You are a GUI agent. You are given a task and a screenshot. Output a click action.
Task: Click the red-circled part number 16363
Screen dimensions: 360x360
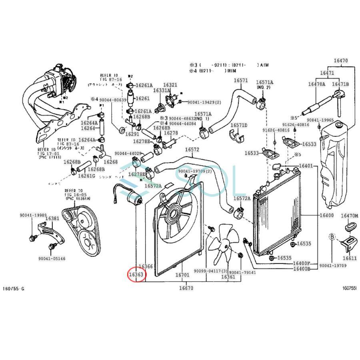136,274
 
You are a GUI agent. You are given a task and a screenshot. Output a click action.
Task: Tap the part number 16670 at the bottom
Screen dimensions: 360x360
186,288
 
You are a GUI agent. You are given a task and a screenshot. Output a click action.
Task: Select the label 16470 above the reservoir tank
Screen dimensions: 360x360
340,61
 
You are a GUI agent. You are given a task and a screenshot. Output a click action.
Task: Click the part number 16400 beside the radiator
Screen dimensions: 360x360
326,216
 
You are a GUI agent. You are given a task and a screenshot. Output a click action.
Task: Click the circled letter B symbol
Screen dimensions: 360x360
332,236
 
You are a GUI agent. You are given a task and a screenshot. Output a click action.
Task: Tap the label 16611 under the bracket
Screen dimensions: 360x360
349,258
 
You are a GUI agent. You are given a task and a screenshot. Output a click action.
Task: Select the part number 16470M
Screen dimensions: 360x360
350,216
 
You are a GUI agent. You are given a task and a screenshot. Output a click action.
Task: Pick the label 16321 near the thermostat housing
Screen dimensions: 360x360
170,85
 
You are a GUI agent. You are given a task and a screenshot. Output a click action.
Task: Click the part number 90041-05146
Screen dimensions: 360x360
52,259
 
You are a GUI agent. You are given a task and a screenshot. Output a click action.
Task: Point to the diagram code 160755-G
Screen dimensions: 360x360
14,288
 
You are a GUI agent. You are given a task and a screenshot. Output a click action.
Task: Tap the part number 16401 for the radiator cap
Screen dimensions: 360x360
306,166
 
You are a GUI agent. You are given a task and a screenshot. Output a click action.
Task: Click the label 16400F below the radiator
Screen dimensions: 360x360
302,263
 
